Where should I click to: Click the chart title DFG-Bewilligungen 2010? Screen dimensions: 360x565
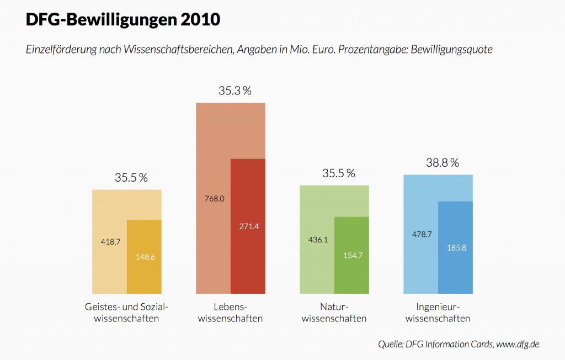[x=123, y=20]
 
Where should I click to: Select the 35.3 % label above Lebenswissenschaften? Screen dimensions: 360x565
[x=234, y=91]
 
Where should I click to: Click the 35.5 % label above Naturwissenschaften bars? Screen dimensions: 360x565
[x=338, y=173]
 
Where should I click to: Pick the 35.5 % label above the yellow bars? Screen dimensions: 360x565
[x=131, y=178]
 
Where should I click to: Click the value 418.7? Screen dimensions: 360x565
[x=110, y=241]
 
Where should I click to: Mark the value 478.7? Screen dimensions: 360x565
[x=422, y=234]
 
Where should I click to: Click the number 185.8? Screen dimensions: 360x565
[x=456, y=247]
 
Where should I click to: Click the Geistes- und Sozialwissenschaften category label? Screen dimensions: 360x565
[x=126, y=313]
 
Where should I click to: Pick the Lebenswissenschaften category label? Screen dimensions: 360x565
[x=230, y=313]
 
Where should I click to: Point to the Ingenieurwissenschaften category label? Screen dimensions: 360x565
[x=438, y=313]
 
